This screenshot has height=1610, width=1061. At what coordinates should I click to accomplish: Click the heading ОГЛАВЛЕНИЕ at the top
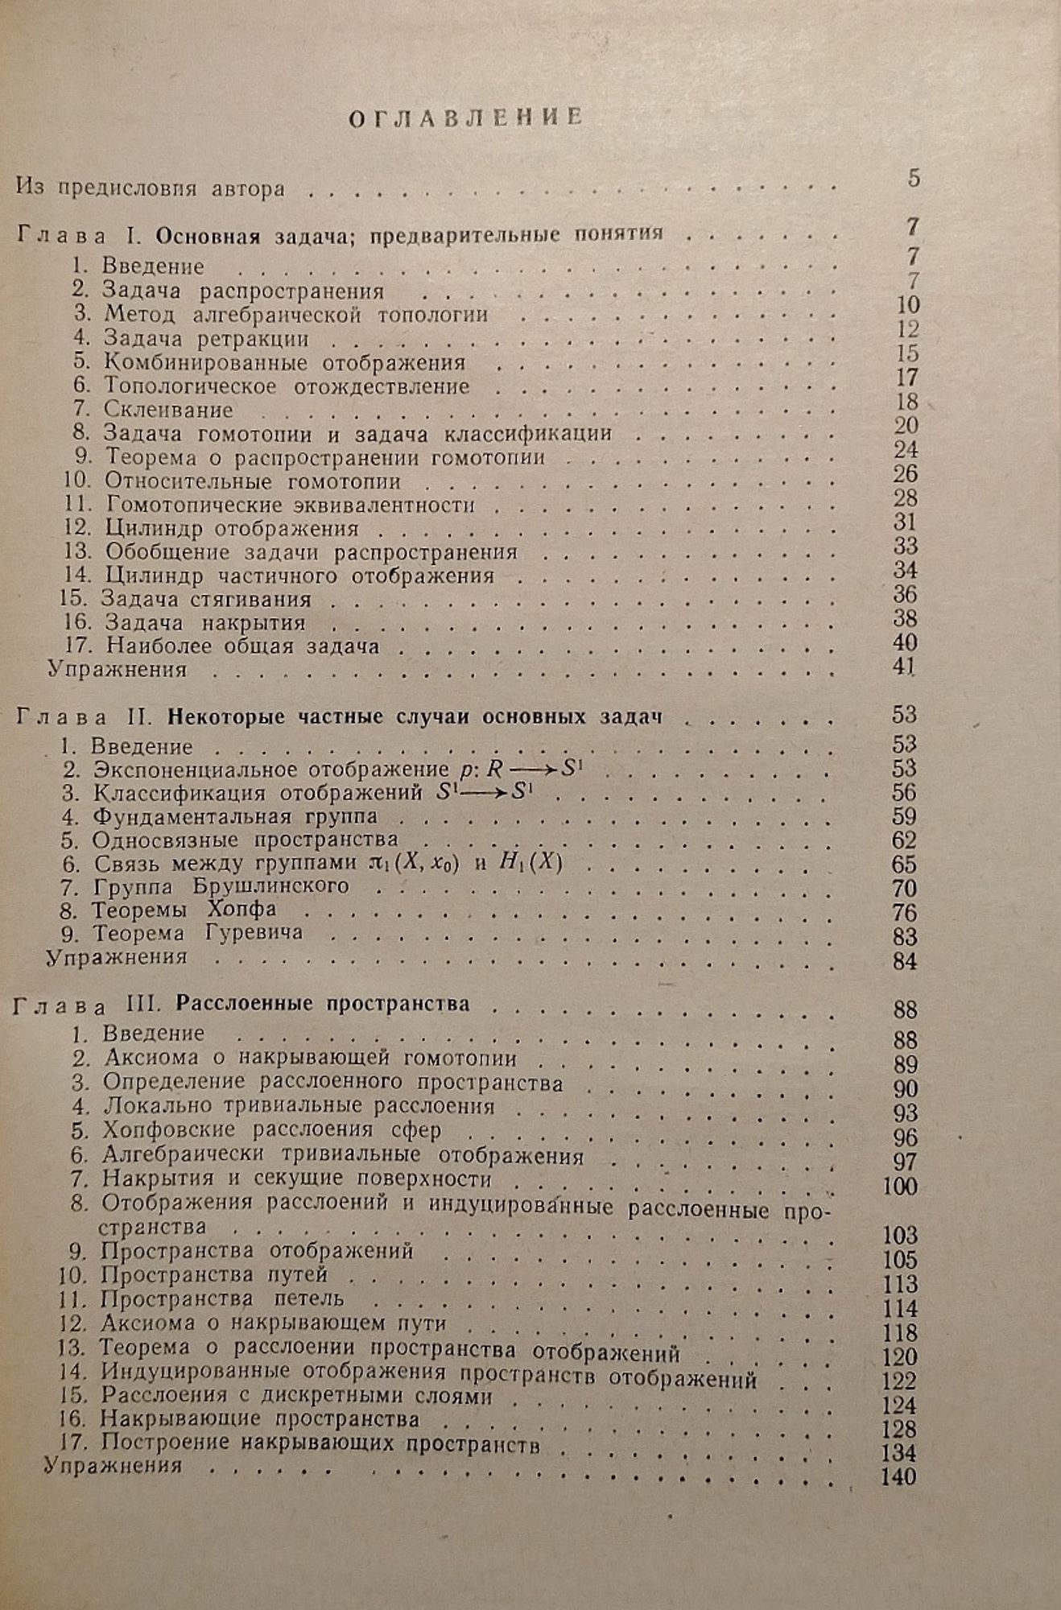466,118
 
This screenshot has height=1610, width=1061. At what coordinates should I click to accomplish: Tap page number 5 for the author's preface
913,178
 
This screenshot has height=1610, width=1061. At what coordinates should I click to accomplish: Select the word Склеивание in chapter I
168,410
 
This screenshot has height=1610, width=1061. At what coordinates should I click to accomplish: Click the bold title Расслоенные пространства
322,1004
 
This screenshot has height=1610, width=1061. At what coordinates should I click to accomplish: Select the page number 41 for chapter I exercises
905,667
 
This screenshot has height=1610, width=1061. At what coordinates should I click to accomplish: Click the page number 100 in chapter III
899,1187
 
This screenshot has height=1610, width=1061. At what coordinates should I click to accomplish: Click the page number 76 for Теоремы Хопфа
905,913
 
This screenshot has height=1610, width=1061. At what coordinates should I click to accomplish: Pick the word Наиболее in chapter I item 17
158,646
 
